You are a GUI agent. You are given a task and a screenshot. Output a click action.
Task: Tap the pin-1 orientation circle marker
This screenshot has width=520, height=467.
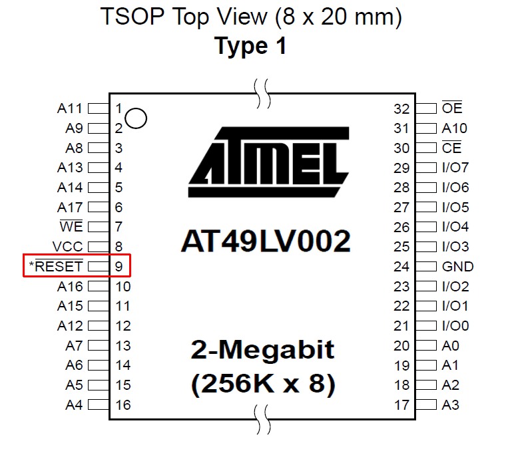coord(136,118)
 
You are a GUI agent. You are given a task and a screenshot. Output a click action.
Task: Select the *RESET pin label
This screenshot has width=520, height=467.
coord(57,267)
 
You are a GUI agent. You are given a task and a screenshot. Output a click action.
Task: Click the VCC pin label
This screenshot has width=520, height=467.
coord(68,247)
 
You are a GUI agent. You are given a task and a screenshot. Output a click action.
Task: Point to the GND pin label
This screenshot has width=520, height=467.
coord(457,267)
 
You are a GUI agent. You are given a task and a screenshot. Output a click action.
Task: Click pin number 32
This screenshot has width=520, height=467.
coord(401,108)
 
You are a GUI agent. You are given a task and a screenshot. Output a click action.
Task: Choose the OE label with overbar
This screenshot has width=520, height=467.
coord(451,108)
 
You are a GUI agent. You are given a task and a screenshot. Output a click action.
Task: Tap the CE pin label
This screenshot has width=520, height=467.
coord(451,148)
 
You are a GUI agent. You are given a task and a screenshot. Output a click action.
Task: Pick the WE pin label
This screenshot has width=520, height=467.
coord(71,227)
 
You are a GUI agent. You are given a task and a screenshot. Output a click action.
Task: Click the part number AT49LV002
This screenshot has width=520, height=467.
coord(265,241)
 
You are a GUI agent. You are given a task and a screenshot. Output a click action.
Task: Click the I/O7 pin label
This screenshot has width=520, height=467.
coord(455,168)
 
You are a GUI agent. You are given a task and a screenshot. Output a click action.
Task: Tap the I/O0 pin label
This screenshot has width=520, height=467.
coord(455,326)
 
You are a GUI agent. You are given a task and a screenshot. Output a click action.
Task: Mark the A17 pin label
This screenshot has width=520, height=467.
coord(70,207)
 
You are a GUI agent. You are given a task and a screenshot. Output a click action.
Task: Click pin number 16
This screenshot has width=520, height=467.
coord(123,404)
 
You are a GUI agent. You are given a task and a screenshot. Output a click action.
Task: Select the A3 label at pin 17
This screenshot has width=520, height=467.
coord(450,404)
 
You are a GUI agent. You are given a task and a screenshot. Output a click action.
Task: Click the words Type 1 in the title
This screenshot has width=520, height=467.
coord(250,47)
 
